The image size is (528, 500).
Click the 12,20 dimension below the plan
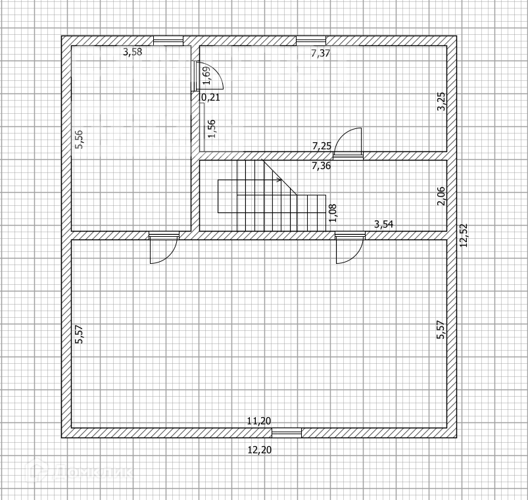(259, 450)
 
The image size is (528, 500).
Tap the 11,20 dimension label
(259, 421)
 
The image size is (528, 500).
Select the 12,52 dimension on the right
(464, 235)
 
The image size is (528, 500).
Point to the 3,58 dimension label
(132, 52)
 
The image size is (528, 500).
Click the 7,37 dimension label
(320, 53)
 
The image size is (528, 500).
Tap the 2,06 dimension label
(441, 196)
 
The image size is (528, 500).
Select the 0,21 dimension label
(210, 97)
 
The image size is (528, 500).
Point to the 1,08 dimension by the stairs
(333, 213)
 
